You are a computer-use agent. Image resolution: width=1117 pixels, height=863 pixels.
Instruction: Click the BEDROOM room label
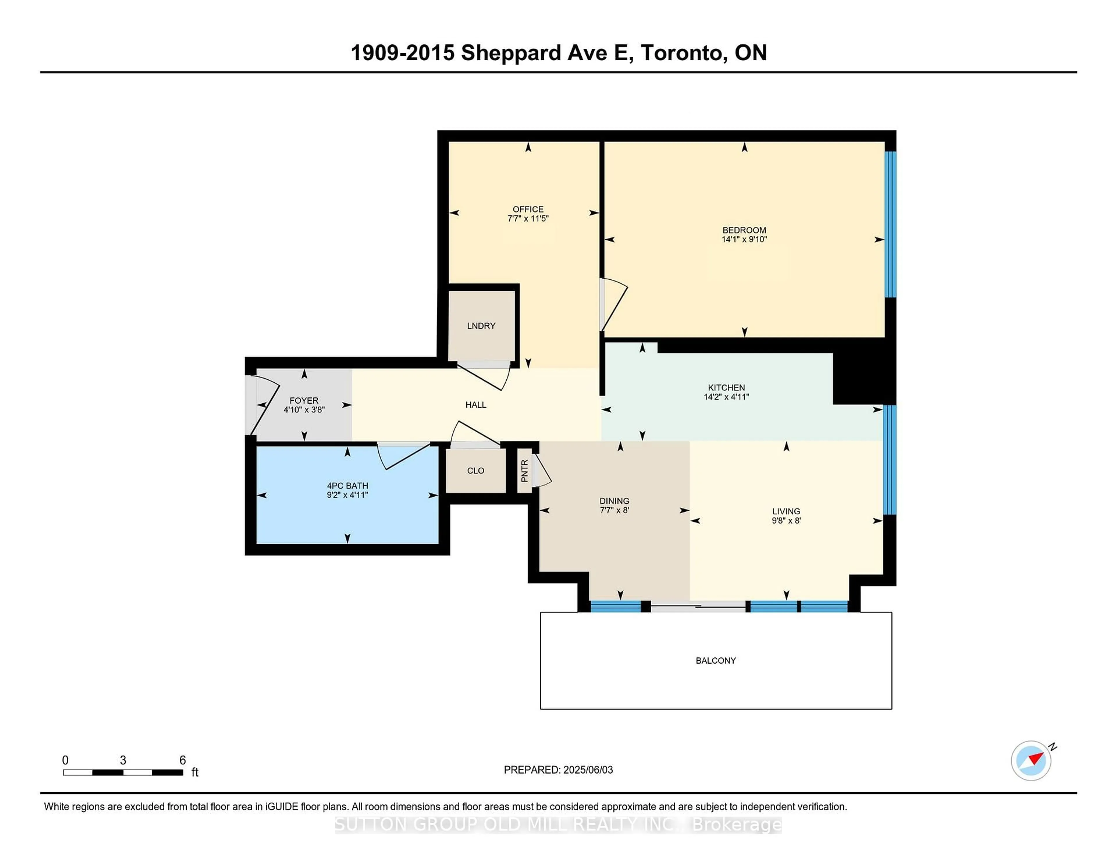[744, 230]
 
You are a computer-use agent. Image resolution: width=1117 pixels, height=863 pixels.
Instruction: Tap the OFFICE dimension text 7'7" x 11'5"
[528, 218]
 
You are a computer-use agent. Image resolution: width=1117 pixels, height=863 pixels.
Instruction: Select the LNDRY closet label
[481, 326]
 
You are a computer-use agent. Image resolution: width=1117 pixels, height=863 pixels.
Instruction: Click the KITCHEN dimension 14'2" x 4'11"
[726, 397]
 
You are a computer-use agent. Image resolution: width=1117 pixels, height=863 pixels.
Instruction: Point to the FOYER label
[304, 400]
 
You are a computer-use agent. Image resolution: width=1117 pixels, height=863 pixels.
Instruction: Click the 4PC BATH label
[347, 486]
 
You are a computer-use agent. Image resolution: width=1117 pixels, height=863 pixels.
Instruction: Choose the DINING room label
[614, 501]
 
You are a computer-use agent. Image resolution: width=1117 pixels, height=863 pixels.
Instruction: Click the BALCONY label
[716, 661]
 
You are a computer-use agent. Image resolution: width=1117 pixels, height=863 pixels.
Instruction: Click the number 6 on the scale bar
[183, 760]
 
